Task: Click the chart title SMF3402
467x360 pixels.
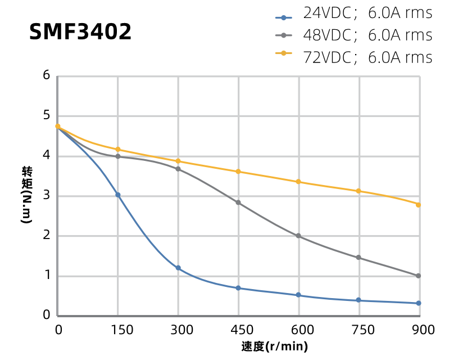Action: click(80, 32)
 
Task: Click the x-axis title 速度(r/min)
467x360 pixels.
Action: click(275, 346)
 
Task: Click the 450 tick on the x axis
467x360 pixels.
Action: click(238, 330)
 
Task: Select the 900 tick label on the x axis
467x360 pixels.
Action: click(419, 330)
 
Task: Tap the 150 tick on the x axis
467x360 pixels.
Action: click(118, 330)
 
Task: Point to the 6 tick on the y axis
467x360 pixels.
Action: click(47, 75)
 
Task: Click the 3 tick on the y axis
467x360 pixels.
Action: click(47, 196)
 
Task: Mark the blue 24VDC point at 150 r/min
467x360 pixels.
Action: click(118, 195)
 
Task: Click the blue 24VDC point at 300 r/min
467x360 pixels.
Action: click(178, 268)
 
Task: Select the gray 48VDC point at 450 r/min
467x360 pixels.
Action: click(238, 202)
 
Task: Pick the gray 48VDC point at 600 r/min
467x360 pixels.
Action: click(298, 236)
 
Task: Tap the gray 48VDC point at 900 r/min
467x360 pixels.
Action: click(419, 276)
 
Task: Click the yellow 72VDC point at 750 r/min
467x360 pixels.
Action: click(359, 191)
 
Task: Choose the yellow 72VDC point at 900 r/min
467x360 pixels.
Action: click(419, 204)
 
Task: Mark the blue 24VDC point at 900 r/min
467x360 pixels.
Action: click(419, 303)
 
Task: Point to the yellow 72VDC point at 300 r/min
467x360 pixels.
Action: click(178, 161)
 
